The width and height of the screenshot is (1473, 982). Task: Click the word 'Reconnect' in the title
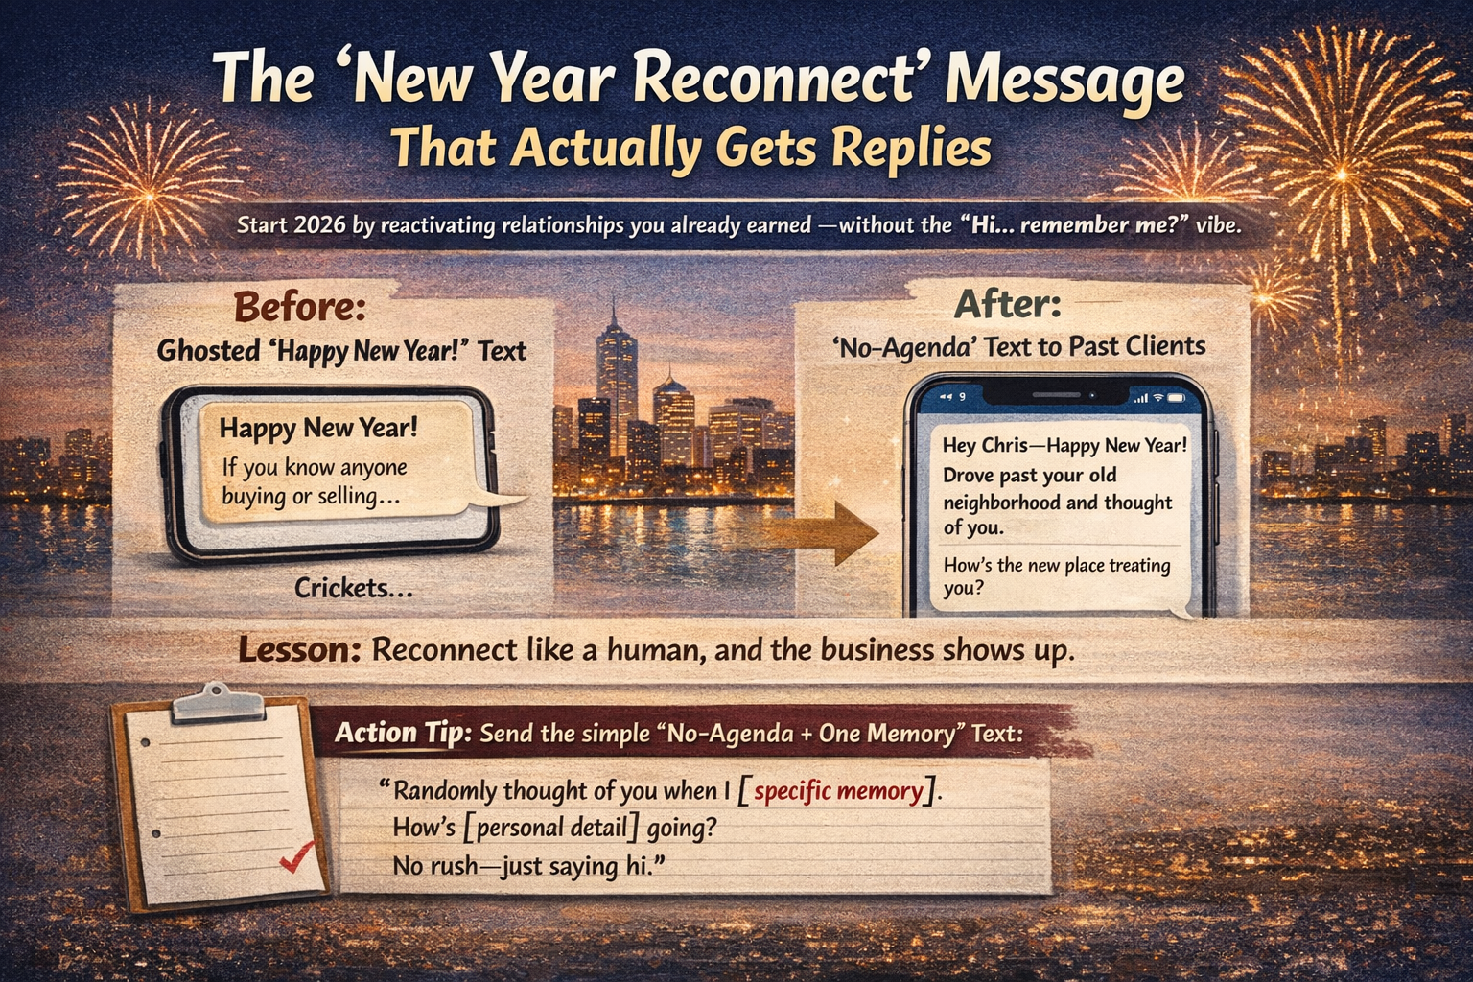(778, 81)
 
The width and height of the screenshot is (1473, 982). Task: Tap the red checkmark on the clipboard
(297, 856)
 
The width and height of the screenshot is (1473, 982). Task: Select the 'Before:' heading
(299, 309)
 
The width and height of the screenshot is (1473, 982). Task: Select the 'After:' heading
(1008, 305)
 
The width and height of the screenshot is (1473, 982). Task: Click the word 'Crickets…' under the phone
(354, 588)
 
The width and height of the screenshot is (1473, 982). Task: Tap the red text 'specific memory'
(838, 792)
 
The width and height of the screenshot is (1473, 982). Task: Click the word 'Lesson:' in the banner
(299, 650)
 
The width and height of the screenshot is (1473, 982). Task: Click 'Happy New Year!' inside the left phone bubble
(318, 428)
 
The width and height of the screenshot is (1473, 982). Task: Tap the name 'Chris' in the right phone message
(1007, 446)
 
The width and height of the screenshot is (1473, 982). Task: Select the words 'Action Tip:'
(403, 734)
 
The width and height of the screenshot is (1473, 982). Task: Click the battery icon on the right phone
(1177, 397)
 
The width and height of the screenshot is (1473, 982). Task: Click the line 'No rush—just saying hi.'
(528, 866)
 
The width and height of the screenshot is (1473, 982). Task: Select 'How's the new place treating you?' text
(1056, 575)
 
